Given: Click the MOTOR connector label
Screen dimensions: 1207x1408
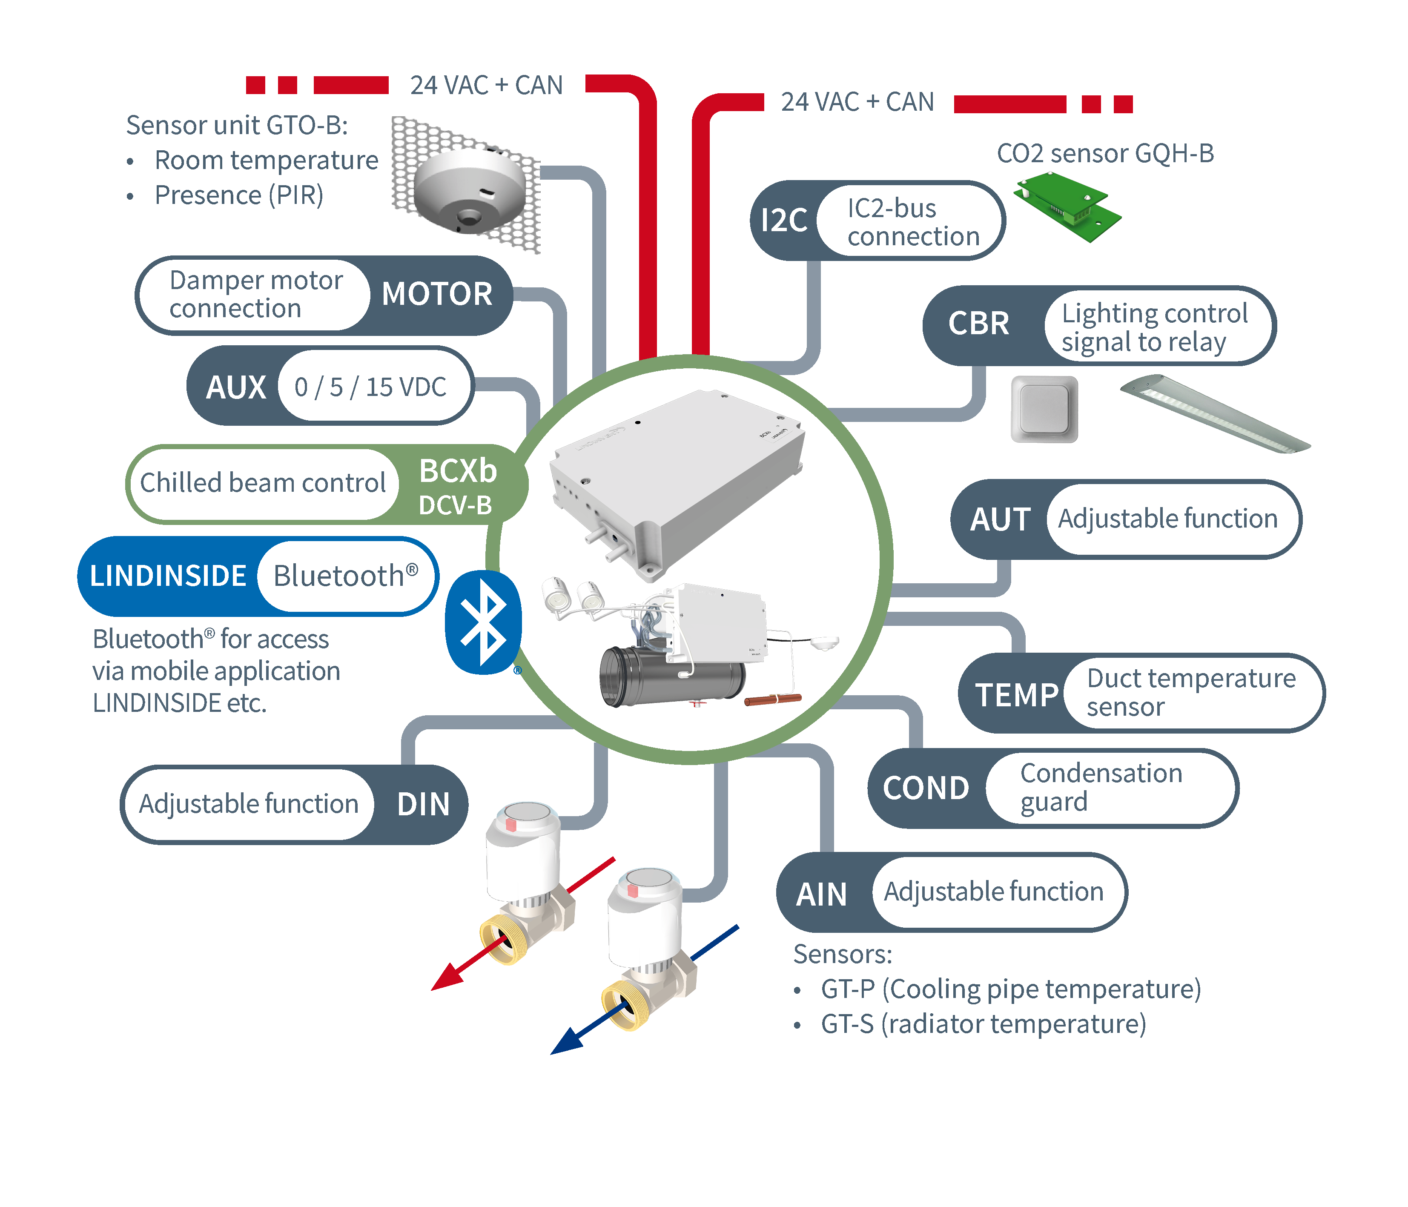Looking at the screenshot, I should [x=437, y=294].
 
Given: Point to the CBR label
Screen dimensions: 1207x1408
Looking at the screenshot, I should [x=978, y=324].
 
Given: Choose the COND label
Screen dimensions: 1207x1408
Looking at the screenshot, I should [x=926, y=788].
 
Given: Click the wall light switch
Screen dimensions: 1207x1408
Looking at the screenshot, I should [x=1044, y=409].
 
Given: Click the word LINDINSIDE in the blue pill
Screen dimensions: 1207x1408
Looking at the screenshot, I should [x=168, y=576].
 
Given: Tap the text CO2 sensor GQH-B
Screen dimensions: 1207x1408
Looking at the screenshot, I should [x=1105, y=154].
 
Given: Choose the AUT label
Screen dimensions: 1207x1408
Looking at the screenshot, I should [x=1000, y=520].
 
